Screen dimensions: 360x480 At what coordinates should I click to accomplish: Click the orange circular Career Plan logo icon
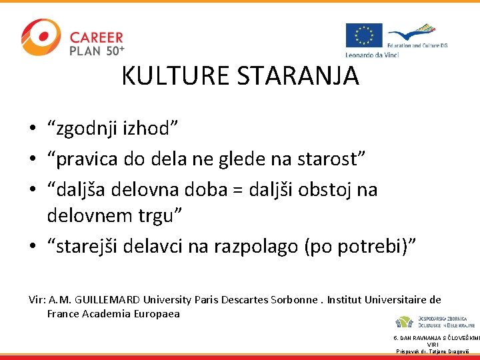tap(41, 37)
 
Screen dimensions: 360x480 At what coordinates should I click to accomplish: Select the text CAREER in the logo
tap(97, 37)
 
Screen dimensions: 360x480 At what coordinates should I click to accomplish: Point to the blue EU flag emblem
tap(364, 35)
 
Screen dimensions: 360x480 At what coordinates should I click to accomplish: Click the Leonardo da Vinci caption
tap(372, 55)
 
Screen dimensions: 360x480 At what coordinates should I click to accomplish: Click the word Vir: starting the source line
tap(37, 300)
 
